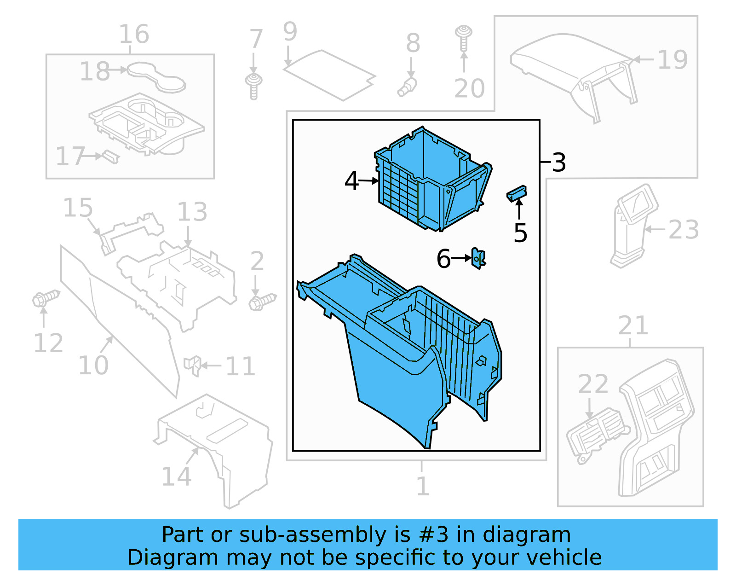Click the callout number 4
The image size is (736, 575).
[x=351, y=181]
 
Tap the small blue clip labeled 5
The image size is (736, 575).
[x=517, y=193]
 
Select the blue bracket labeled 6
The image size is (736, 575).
[x=478, y=259]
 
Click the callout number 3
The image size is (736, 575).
[x=558, y=163]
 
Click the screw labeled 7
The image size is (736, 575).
[x=253, y=86]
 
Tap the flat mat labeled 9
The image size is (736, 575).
[x=328, y=75]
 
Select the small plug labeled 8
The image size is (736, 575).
[x=407, y=87]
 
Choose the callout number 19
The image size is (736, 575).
[x=673, y=60]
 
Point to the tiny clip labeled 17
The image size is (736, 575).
[x=110, y=157]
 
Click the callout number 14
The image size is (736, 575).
[x=176, y=477]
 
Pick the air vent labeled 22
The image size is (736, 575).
[x=596, y=433]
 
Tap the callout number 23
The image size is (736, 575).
[x=684, y=230]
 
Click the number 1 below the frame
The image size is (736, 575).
[x=422, y=486]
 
